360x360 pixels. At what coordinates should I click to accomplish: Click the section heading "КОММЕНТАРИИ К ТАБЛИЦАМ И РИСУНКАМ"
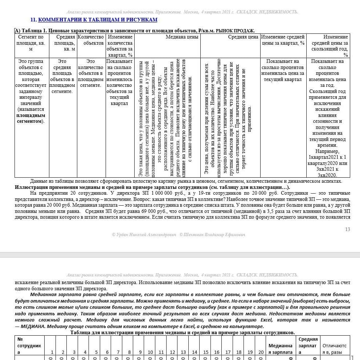[x=98, y=20]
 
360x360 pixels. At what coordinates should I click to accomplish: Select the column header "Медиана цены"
[x=182, y=37]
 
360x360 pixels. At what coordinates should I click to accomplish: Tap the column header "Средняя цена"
[x=243, y=37]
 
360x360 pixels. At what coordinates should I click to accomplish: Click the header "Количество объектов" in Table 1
[x=91, y=40]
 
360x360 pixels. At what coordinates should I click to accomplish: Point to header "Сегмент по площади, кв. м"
[x=30, y=43]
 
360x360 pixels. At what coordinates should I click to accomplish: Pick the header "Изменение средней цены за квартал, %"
[x=283, y=40]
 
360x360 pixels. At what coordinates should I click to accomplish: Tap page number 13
[x=348, y=229]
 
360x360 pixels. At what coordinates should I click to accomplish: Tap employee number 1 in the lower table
[x=52, y=352]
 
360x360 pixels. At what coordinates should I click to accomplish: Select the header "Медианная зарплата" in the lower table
[x=280, y=349]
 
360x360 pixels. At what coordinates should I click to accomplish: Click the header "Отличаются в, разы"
[x=334, y=349]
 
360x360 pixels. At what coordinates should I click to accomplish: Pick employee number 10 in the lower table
[x=150, y=352]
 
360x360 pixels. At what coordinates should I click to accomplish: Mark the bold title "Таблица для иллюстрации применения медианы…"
[x=182, y=333]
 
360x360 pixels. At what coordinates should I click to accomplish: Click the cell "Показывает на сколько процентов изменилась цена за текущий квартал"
[x=283, y=70]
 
